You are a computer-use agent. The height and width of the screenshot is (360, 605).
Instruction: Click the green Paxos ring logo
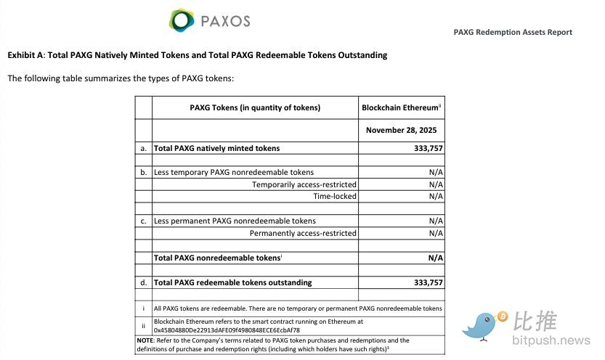pos(182,20)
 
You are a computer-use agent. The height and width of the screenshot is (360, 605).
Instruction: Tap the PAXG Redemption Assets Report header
pos(513,32)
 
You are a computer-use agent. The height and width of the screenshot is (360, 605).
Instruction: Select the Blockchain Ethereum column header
pos(401,107)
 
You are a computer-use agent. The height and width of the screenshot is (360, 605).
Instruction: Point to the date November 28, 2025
pos(401,131)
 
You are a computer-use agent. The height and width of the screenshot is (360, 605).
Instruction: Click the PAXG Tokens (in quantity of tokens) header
pos(255,107)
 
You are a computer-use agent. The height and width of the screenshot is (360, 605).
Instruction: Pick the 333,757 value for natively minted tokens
pos(428,148)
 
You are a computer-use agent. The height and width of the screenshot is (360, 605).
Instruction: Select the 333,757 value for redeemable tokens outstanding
pos(428,282)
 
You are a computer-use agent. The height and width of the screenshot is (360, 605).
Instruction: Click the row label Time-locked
pos(335,196)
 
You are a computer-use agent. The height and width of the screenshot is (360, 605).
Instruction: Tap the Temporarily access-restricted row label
pos(304,184)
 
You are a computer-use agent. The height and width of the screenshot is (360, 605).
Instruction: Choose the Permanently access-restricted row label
pos(303,233)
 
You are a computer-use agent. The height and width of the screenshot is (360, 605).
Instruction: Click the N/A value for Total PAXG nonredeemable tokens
pos(436,258)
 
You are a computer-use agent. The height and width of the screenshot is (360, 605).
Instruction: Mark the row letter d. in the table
pos(144,282)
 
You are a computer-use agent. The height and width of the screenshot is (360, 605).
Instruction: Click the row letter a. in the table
pos(144,148)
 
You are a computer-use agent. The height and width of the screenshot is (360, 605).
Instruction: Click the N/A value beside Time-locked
pos(436,196)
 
